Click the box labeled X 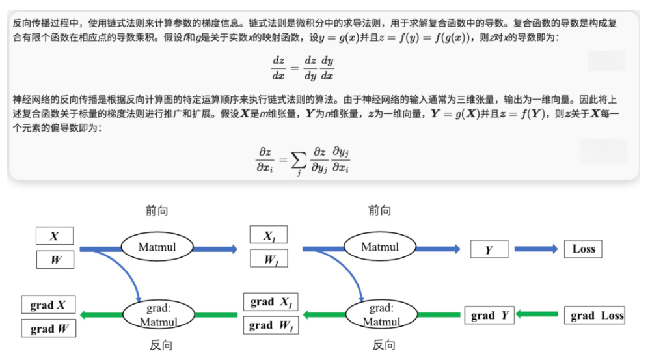point(55,236)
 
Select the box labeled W point(55,260)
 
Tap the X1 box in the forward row point(268,235)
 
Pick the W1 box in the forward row point(268,258)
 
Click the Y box point(488,249)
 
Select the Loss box point(583,249)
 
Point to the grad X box point(48,305)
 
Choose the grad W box point(49,328)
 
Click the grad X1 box point(271,301)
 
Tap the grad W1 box point(271,325)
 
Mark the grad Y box point(489,315)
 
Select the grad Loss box point(595,315)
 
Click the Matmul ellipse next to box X point(157,247)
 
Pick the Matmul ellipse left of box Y point(380,247)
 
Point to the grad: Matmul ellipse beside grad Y point(381,315)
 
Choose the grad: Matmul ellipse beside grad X point(158,315)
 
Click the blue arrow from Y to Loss point(535,249)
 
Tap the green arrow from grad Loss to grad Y point(537,315)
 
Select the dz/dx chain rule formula point(303,67)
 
